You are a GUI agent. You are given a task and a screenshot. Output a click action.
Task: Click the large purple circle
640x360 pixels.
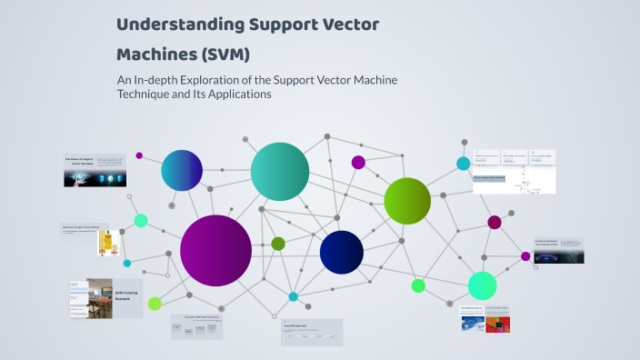(215, 250)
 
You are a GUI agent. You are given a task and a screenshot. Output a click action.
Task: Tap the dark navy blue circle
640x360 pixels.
(342, 252)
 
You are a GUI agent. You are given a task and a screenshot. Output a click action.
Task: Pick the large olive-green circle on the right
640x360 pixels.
(406, 201)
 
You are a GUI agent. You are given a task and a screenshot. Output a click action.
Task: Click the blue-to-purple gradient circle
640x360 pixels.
(182, 170)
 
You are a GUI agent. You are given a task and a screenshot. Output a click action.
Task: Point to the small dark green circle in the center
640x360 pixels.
(278, 244)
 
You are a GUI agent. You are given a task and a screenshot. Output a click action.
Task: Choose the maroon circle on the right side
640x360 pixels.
(495, 222)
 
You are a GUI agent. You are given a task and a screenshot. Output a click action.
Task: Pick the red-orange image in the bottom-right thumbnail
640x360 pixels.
(497, 324)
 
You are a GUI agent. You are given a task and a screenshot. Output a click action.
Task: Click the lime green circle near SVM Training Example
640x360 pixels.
(155, 304)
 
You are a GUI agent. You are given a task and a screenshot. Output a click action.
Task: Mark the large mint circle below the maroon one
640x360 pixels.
(482, 285)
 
